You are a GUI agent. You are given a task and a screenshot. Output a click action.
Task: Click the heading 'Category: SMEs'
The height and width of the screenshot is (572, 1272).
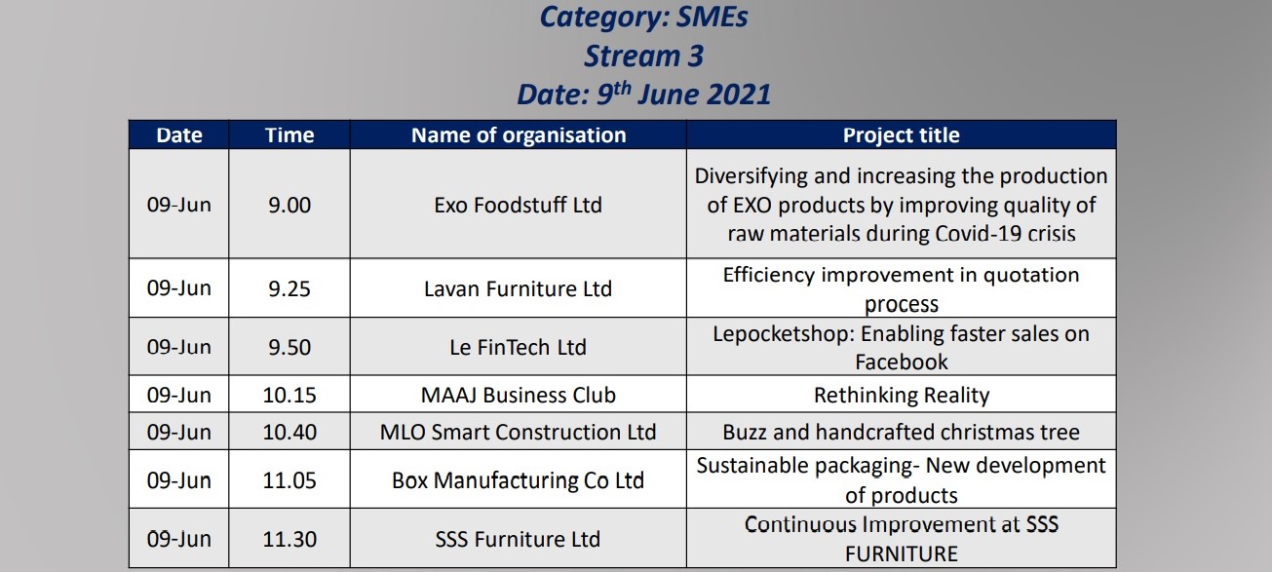click(643, 17)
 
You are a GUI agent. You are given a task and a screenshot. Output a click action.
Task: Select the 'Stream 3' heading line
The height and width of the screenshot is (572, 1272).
click(644, 57)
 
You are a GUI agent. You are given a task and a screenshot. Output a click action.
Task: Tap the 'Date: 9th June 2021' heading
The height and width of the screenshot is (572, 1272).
click(643, 94)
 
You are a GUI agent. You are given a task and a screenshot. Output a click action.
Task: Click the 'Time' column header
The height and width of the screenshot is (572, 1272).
click(289, 135)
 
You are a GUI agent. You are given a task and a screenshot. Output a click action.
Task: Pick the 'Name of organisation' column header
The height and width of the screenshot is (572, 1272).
click(519, 135)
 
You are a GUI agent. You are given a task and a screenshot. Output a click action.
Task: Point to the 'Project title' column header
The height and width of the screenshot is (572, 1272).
click(902, 135)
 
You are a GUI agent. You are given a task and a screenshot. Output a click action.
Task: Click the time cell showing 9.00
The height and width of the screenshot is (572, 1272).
click(289, 205)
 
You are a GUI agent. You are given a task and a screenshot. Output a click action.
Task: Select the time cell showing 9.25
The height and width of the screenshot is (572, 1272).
click(289, 288)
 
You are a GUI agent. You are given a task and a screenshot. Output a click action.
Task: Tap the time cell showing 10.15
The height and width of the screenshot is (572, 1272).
click(289, 395)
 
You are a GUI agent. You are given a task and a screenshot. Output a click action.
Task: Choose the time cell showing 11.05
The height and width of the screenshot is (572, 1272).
click(289, 480)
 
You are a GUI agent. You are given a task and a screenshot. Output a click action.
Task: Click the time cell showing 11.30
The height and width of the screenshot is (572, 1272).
click(289, 539)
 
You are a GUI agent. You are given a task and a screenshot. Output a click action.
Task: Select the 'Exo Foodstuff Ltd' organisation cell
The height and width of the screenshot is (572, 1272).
click(518, 205)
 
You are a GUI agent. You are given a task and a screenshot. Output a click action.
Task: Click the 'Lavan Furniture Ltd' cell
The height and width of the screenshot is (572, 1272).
click(518, 288)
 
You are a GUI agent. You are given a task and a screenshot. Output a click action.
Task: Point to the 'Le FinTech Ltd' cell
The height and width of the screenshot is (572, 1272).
click(518, 347)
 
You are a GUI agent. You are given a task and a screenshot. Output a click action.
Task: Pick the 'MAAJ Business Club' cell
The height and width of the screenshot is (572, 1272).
click(518, 395)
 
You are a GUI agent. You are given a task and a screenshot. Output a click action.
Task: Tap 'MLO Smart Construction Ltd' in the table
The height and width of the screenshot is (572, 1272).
click(518, 433)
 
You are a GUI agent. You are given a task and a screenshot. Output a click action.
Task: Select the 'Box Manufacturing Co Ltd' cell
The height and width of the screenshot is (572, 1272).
click(518, 480)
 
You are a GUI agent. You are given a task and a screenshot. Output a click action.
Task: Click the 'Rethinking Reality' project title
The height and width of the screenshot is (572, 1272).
click(902, 395)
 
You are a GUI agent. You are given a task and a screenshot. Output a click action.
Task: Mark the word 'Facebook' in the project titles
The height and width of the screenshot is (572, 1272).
click(902, 362)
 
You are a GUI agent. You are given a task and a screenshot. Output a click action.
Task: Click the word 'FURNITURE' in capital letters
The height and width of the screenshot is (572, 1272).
click(902, 553)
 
